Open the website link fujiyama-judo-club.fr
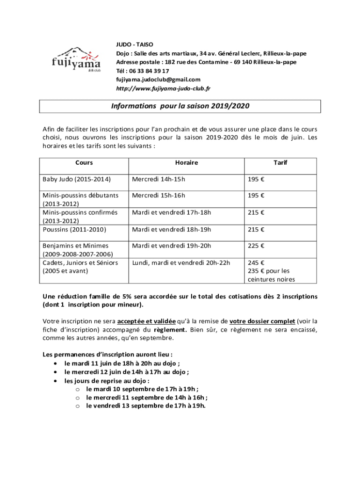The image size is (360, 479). [163, 88]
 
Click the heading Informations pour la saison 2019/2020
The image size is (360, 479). [180, 106]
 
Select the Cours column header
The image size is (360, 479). [84, 163]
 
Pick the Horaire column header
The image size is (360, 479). [187, 163]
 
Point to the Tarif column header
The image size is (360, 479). [281, 163]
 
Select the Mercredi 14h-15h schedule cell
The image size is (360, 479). [158, 179]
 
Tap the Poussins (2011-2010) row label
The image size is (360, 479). [74, 229]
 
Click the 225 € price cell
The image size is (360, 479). [256, 246]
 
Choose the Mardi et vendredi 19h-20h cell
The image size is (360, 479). [172, 246]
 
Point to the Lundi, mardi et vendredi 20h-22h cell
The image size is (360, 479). [181, 262]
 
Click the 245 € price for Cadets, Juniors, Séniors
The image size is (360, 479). [256, 262]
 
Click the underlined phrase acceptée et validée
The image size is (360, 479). [146, 321]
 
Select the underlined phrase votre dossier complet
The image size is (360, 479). [262, 321]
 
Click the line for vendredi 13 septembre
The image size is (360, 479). [146, 406]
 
